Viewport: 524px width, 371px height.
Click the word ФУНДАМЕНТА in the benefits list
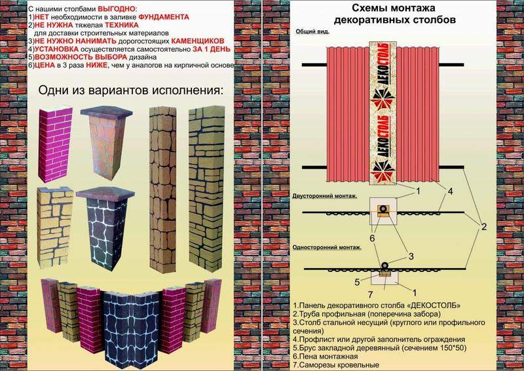(x=164, y=17)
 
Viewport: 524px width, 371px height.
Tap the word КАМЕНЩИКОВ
(x=198, y=41)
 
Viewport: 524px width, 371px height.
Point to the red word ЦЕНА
(x=45, y=66)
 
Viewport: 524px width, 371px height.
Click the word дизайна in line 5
(x=145, y=58)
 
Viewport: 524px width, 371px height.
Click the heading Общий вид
(x=312, y=31)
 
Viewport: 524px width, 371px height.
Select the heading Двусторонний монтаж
(x=325, y=196)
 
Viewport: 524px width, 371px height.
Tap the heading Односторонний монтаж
(x=327, y=248)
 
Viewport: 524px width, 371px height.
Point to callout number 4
(x=450, y=191)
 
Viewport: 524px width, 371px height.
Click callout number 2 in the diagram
(x=483, y=227)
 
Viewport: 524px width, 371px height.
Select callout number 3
(x=411, y=256)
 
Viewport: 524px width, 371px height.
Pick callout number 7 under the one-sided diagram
(x=370, y=295)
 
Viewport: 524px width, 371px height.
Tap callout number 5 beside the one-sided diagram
(x=357, y=283)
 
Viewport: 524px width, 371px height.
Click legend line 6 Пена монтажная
(x=326, y=357)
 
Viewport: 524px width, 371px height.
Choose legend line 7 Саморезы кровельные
(x=336, y=365)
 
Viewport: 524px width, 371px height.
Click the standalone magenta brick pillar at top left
(x=55, y=144)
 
